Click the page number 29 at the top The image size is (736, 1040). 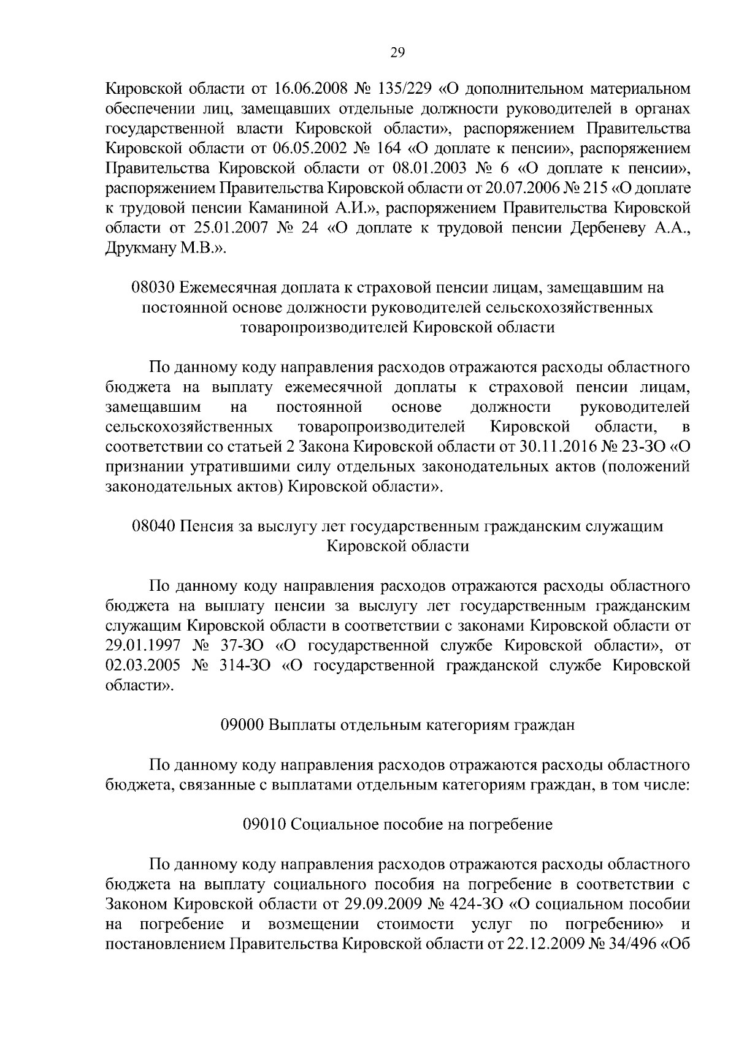(x=397, y=53)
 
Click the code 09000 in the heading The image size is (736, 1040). (x=242, y=726)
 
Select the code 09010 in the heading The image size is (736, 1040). (x=265, y=825)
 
